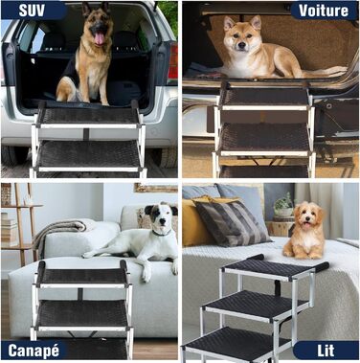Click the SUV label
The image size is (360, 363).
pyautogui.click(x=32, y=11)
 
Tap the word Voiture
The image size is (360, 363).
pyautogui.click(x=324, y=11)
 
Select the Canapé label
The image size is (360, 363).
pyautogui.click(x=34, y=351)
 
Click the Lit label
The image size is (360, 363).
pyautogui.click(x=326, y=351)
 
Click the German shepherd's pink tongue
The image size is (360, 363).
pyautogui.click(x=100, y=38)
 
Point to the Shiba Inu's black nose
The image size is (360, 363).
pyautogui.click(x=241, y=46)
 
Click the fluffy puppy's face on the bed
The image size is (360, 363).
pyautogui.click(x=307, y=217)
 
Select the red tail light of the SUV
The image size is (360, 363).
pyautogui.click(x=173, y=61)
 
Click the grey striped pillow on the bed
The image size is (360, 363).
pyautogui.click(x=233, y=222)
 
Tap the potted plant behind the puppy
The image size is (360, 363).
pyautogui.click(x=283, y=205)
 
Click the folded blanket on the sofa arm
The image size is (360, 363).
pyautogui.click(x=60, y=230)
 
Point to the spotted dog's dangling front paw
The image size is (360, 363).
pyautogui.click(x=146, y=274)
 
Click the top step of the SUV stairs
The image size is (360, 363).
pyautogui.click(x=89, y=116)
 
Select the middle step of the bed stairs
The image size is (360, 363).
pyautogui.click(x=256, y=305)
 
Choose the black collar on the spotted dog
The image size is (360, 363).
pyautogui.click(x=162, y=234)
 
